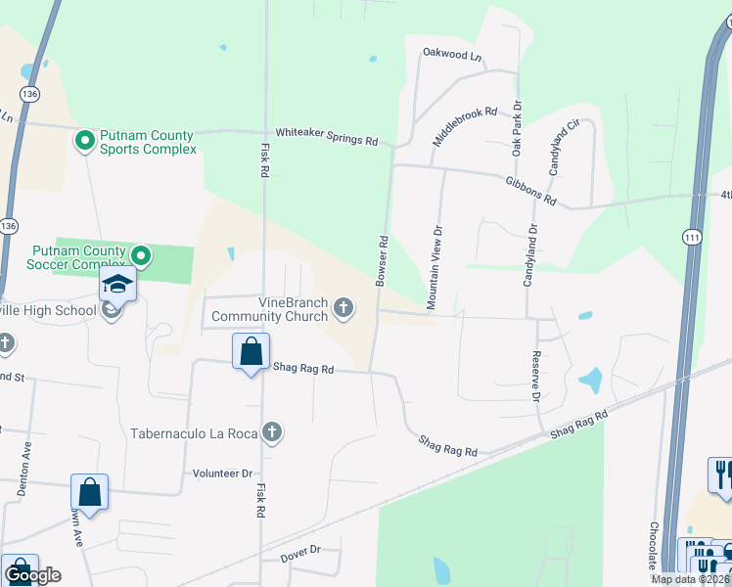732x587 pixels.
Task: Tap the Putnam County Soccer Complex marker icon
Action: tap(142, 257)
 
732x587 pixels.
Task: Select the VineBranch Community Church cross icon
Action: tap(343, 309)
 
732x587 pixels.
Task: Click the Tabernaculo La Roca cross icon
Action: tap(273, 432)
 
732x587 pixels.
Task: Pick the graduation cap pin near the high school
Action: tap(117, 285)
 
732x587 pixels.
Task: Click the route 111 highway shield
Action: tap(691, 238)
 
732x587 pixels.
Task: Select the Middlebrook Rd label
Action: tap(465, 121)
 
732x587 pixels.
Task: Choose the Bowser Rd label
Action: tap(382, 260)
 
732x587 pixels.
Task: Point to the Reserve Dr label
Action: tap(535, 377)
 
